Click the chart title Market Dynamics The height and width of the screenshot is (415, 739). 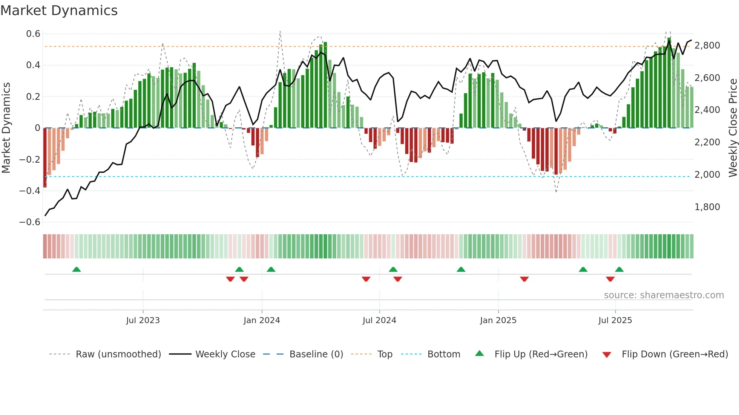(x=59, y=11)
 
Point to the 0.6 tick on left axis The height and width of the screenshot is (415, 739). (x=33, y=34)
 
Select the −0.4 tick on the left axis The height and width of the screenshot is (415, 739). (x=30, y=191)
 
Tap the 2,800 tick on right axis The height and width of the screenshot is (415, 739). (x=707, y=46)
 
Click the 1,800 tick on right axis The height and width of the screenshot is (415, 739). (x=707, y=207)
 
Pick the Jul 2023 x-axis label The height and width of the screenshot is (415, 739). (x=143, y=320)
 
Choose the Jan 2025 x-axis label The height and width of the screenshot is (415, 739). (x=498, y=320)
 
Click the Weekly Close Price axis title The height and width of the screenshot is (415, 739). (x=733, y=128)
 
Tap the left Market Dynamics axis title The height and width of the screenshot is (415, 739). (x=6, y=128)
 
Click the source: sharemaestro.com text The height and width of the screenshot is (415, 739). (x=664, y=295)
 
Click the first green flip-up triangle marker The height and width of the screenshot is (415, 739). (x=77, y=269)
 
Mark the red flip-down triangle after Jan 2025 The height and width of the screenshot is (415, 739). (x=524, y=279)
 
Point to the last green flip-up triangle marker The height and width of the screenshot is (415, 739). (x=619, y=269)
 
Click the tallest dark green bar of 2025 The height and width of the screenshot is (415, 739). (x=669, y=83)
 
